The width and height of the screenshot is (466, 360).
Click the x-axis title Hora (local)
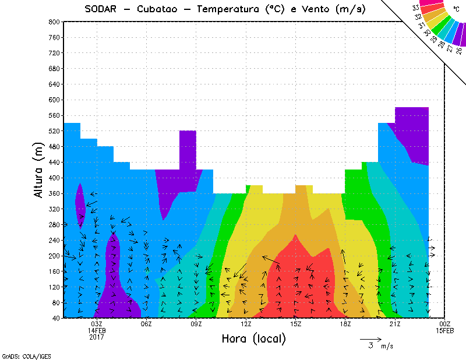[x=253, y=338]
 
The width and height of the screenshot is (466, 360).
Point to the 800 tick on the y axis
[x=54, y=22]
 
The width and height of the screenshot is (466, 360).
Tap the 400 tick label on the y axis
[x=54, y=178]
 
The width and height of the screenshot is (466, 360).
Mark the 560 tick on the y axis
[x=54, y=115]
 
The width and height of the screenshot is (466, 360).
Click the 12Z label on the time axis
[x=246, y=324]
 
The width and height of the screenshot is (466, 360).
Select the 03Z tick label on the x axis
[x=97, y=324]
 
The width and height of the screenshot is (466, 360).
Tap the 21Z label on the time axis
[x=395, y=324]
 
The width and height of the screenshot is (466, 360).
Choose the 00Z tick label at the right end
[x=445, y=324]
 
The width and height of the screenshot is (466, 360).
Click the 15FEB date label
[x=445, y=330]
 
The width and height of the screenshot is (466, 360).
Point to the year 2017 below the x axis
[x=97, y=337]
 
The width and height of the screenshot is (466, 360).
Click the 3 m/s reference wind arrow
[x=370, y=338]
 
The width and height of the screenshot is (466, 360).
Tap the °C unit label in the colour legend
[x=456, y=10]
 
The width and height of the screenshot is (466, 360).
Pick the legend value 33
[x=415, y=8]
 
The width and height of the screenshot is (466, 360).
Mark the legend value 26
[x=459, y=50]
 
